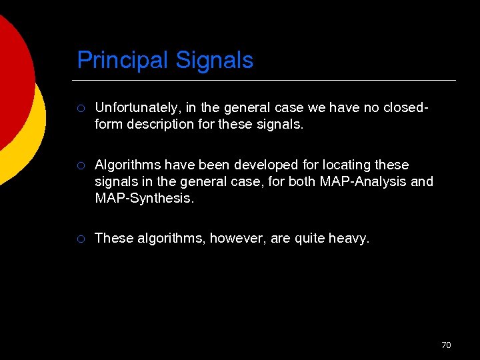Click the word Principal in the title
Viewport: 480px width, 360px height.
coord(123,61)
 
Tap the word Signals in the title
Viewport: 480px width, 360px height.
coord(215,61)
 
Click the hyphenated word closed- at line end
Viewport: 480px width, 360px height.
coord(406,107)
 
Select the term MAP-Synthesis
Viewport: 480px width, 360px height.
coord(145,198)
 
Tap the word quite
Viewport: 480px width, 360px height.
coord(310,238)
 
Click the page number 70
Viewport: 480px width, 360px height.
coord(446,345)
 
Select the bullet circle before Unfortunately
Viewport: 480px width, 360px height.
coord(81,107)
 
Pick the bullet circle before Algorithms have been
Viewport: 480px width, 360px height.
coord(81,165)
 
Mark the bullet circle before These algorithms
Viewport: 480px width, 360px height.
coord(81,239)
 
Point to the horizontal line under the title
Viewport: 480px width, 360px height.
coord(267,81)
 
